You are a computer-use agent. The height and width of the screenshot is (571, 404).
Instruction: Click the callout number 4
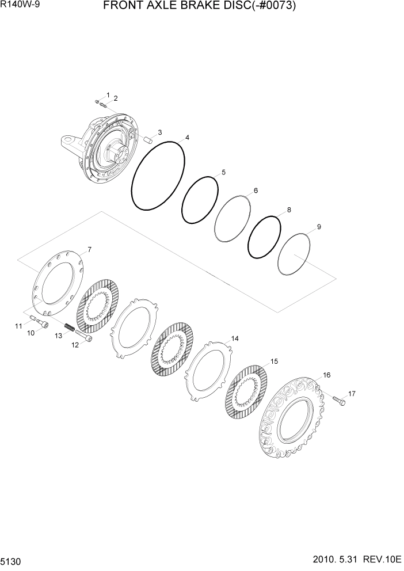point(187,138)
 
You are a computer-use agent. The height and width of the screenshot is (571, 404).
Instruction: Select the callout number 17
point(352,394)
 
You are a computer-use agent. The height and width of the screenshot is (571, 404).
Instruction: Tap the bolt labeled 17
point(338,399)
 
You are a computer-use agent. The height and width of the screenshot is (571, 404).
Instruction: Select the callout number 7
point(89,249)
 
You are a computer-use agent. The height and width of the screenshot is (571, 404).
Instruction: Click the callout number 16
point(326,375)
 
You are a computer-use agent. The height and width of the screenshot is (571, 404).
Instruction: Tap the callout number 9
point(319,227)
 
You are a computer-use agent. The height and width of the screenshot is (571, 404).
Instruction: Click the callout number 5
point(223,172)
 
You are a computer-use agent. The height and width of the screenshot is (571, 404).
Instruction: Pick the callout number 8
point(288,210)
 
